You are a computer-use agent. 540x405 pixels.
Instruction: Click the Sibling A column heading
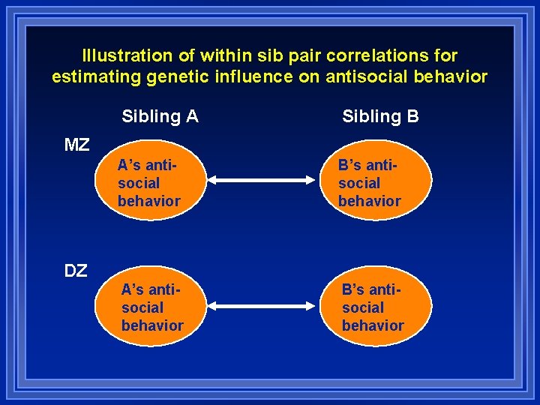pos(160,116)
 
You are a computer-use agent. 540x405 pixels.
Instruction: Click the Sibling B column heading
pos(380,116)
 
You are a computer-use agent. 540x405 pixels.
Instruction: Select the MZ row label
pos(76,145)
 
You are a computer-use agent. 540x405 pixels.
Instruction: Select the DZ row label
pos(75,271)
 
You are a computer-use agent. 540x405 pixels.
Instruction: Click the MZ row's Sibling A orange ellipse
pos(154,182)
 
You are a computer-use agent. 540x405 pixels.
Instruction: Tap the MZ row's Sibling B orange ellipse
pos(380,182)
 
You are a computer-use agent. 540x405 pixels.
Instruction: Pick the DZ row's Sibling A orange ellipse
pos(154,307)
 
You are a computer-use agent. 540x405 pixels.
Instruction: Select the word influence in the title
pos(253,76)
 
